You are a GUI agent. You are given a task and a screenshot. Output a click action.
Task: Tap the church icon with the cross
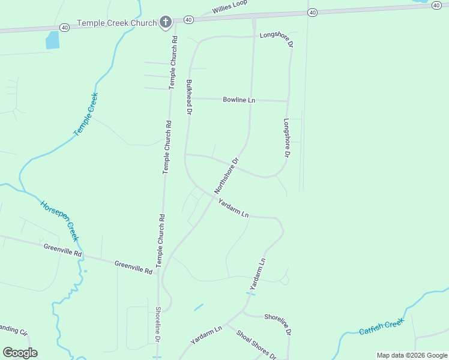[x=166, y=23]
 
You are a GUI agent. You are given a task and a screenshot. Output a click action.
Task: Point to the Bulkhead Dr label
[x=189, y=97]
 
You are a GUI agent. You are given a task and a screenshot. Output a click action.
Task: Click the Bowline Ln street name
[x=239, y=100]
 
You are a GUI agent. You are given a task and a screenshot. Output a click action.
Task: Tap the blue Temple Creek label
[x=85, y=115]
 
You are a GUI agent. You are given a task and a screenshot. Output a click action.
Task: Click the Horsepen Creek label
[x=60, y=219]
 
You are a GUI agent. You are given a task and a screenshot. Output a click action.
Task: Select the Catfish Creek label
[x=382, y=327]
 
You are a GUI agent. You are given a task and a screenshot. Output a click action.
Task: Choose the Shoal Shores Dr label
[x=256, y=345]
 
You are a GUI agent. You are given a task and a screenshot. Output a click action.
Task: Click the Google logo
[x=20, y=353]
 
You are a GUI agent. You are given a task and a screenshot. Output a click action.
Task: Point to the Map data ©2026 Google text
[x=411, y=355]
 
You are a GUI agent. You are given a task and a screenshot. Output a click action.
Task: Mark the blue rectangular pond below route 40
[x=52, y=40]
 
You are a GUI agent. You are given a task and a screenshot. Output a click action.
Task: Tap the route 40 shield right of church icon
[x=188, y=20]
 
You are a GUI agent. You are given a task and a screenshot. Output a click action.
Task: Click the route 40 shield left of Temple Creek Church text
[x=65, y=27]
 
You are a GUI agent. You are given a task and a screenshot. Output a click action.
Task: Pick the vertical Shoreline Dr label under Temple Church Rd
[x=158, y=324]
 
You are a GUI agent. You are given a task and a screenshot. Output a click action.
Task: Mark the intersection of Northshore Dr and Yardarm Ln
[x=215, y=194]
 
